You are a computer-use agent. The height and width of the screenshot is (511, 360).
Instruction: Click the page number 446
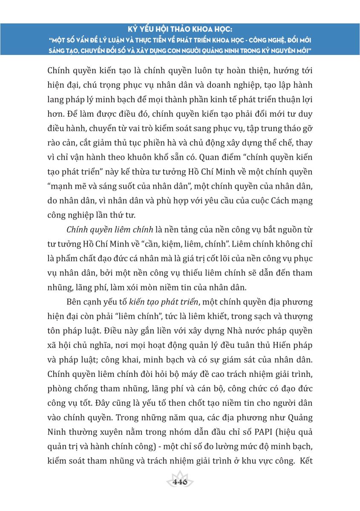180,482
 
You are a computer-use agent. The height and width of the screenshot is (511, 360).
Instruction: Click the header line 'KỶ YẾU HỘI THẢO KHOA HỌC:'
180,30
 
